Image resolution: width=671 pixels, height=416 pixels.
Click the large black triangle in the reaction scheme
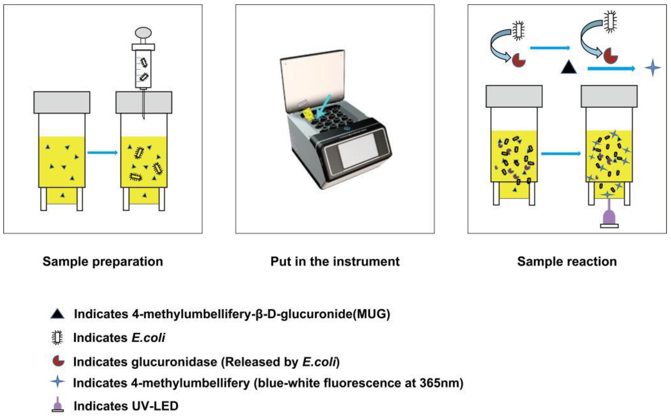569,68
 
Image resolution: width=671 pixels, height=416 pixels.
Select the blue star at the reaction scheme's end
653,67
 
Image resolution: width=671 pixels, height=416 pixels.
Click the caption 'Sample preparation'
103,261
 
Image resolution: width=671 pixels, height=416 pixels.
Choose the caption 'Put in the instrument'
335,261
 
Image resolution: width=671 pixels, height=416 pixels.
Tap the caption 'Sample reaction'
567,261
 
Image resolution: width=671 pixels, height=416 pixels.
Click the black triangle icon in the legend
57,314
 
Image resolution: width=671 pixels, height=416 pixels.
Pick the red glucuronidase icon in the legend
58,361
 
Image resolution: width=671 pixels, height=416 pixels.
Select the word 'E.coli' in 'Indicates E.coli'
148,338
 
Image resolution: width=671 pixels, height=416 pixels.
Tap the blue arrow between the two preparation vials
102,152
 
